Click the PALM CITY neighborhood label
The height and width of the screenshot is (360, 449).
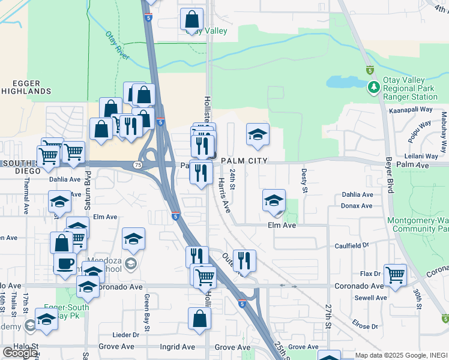[244, 161]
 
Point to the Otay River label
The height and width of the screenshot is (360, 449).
[118, 46]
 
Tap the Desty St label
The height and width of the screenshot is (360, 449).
[304, 181]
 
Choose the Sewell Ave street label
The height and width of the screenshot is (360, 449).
[370, 298]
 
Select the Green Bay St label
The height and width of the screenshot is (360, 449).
[146, 312]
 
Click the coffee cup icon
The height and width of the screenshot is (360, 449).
[65, 262]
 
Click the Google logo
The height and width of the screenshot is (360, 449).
[19, 353]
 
